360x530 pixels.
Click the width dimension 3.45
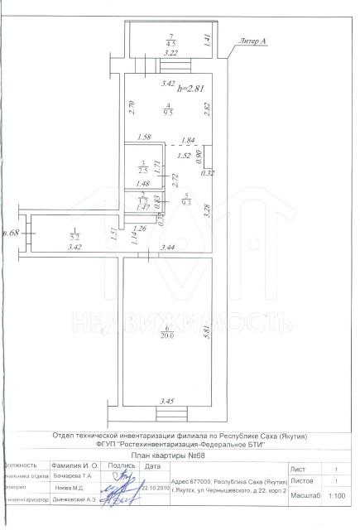click(167, 402)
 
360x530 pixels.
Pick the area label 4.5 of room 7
click(170, 42)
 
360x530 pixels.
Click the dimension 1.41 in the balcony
click(207, 38)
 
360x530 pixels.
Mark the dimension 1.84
click(187, 140)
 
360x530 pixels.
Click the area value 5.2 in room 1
click(74, 236)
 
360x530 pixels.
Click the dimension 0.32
click(207, 173)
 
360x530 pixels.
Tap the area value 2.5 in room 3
click(143, 169)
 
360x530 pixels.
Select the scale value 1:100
click(337, 496)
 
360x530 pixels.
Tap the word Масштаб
click(306, 495)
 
